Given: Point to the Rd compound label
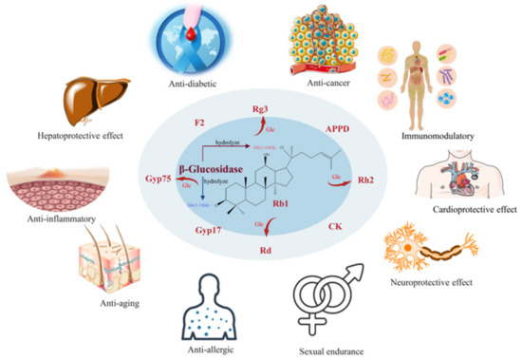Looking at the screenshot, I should pos(260,252).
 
